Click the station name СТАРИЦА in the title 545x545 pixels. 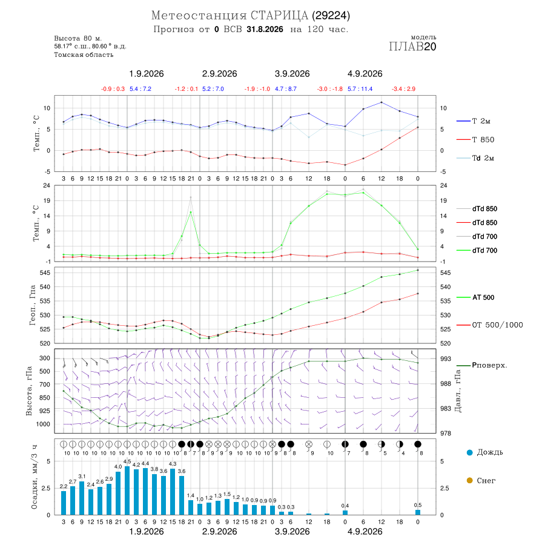pos(279,16)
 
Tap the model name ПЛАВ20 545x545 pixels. pos(412,47)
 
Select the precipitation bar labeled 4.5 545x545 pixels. pos(127,490)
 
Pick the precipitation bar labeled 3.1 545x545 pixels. pos(82,498)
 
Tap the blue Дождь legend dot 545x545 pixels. pos(469,452)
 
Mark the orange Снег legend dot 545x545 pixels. pos(469,480)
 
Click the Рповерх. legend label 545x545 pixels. pos(489,365)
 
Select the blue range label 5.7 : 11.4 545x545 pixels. pos(360,89)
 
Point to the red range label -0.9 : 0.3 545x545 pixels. pos(113,89)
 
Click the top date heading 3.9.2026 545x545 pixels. pos(292,74)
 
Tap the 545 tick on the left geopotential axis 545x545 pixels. pos(45,273)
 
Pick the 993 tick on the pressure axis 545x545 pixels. pos(446,358)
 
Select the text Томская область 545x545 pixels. pos(84,55)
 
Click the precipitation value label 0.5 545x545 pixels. pos(418,505)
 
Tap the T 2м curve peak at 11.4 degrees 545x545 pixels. pos(381,102)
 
